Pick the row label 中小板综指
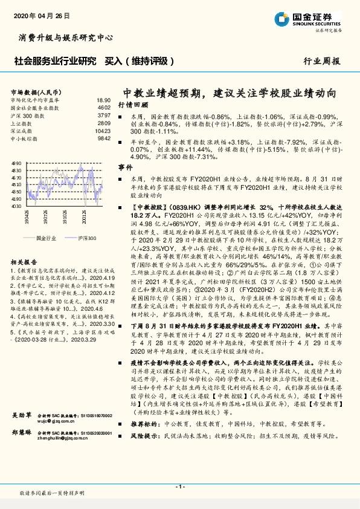[x=25, y=138]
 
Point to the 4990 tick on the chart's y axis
[x=16, y=163]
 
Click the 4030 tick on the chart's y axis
[x=16, y=206]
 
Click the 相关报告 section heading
[x=25, y=262]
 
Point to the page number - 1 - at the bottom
[x=179, y=486]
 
